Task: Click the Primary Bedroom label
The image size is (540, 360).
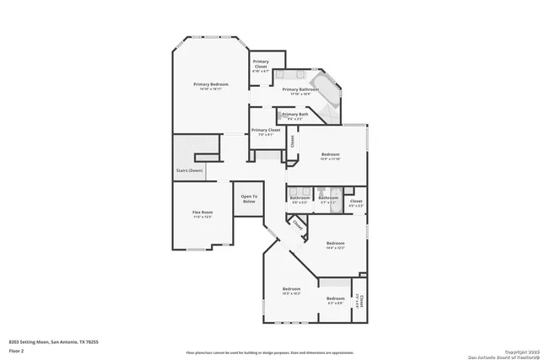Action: pyautogui.click(x=210, y=84)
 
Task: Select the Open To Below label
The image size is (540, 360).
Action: pyautogui.click(x=249, y=200)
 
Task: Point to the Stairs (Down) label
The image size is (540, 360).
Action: pyautogui.click(x=189, y=170)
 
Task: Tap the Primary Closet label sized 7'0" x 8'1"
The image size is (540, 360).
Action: pyautogui.click(x=266, y=131)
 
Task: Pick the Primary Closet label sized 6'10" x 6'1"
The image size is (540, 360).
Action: pyautogui.click(x=262, y=64)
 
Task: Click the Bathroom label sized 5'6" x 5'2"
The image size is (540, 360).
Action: pyautogui.click(x=300, y=198)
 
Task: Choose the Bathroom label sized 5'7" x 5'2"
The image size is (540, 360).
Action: pyautogui.click(x=328, y=198)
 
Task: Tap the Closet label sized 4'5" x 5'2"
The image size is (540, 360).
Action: pyautogui.click(x=356, y=201)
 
